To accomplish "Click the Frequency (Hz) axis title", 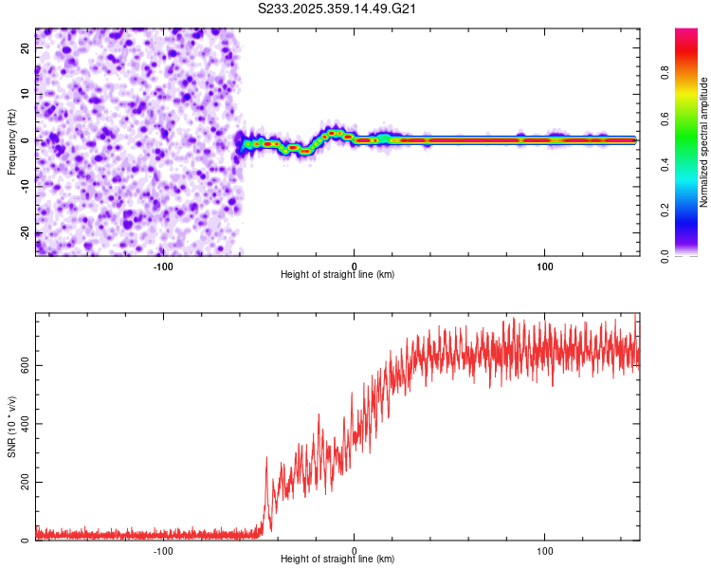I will (x=12, y=141).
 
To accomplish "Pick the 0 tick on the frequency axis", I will (x=27, y=140).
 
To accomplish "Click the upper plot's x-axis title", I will (x=337, y=274).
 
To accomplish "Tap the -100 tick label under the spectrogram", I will (x=163, y=265).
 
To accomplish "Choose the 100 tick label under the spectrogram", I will (x=545, y=265).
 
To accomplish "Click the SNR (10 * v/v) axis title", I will (x=12, y=428).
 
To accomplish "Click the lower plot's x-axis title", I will (x=337, y=559).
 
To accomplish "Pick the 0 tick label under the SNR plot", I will (x=355, y=549).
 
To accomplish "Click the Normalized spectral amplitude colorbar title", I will (x=704, y=141).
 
